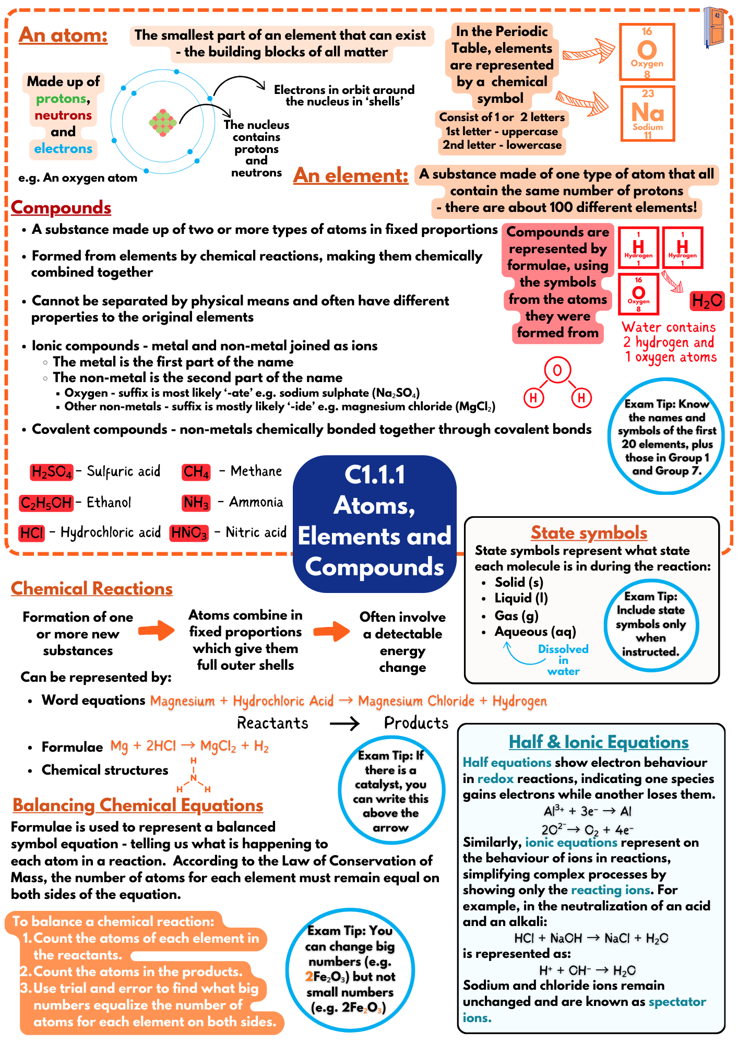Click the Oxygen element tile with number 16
pyautogui.click(x=647, y=52)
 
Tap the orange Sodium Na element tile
pyautogui.click(x=647, y=113)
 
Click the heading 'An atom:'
pyautogui.click(x=63, y=35)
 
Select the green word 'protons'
pyautogui.click(x=61, y=99)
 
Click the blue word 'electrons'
pyautogui.click(x=63, y=149)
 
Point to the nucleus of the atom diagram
pyautogui.click(x=162, y=123)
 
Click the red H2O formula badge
pyautogui.click(x=707, y=301)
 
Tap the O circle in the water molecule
pyautogui.click(x=557, y=370)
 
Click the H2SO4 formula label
pyautogui.click(x=51, y=472)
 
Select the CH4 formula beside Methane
pyautogui.click(x=196, y=472)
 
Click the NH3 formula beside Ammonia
pyautogui.click(x=196, y=503)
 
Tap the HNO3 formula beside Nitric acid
pyautogui.click(x=189, y=533)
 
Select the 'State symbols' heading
pyautogui.click(x=589, y=532)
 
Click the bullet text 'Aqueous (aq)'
pyautogui.click(x=535, y=632)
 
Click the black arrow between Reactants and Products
pyautogui.click(x=344, y=723)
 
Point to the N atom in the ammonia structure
pyautogui.click(x=193, y=778)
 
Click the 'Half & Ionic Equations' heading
pyautogui.click(x=598, y=742)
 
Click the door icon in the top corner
pyautogui.click(x=713, y=27)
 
